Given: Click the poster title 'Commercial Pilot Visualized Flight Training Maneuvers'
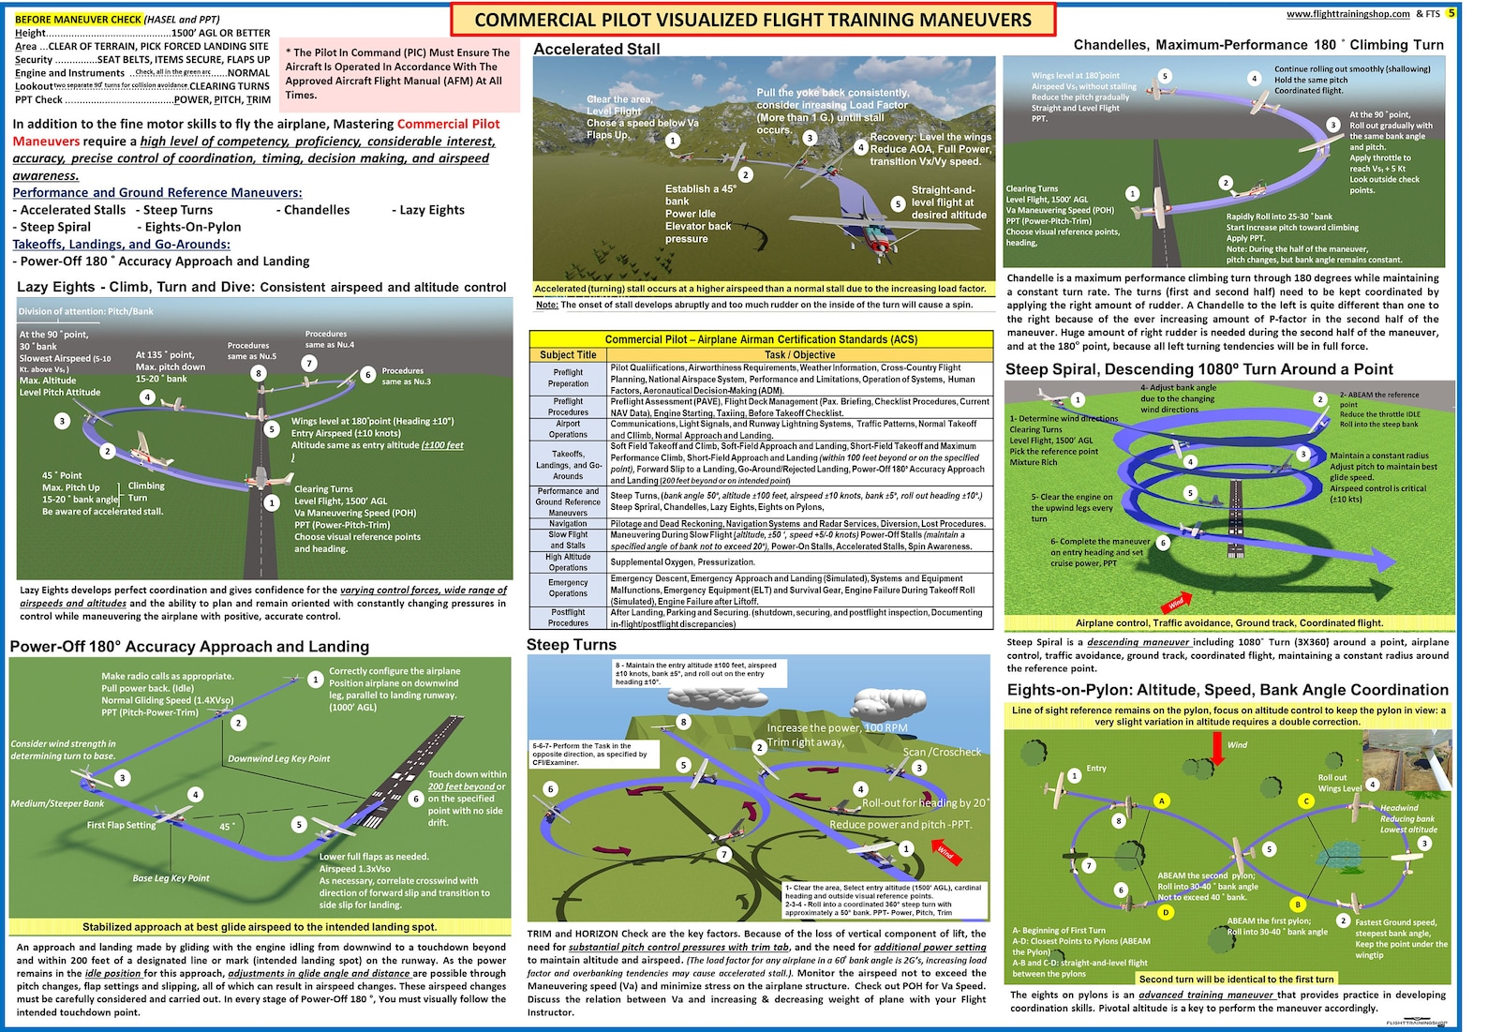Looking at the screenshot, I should pos(752,20).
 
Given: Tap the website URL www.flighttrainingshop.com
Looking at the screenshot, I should pos(1347,14).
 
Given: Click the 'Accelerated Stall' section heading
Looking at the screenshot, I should pos(597,49).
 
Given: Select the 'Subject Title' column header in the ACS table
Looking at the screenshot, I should pos(568,355).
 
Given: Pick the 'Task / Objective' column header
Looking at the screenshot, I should pos(799,355).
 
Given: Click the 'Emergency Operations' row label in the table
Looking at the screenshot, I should pos(568,588).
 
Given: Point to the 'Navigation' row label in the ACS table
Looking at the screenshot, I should pos(568,524).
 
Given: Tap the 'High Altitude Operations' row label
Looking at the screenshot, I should pos(568,561).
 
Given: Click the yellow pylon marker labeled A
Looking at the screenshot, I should pos(1162,800).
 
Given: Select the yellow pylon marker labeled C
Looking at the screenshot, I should pos(1305,801).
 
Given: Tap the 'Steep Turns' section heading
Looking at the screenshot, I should pos(572,645).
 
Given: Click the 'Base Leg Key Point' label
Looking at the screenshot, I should pos(171,878).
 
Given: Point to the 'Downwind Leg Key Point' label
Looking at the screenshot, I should pos(278,758).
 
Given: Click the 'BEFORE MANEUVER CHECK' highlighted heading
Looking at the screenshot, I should pos(78,19).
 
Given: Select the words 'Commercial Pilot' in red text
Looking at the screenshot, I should pos(448,124).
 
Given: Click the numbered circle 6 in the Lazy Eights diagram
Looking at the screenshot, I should pos(368,374).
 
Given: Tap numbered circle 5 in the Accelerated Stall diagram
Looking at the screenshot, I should pos(898,203).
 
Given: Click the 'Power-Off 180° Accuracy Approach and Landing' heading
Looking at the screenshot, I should pos(189,647).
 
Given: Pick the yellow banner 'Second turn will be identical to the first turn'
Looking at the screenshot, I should pos(1236,979).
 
